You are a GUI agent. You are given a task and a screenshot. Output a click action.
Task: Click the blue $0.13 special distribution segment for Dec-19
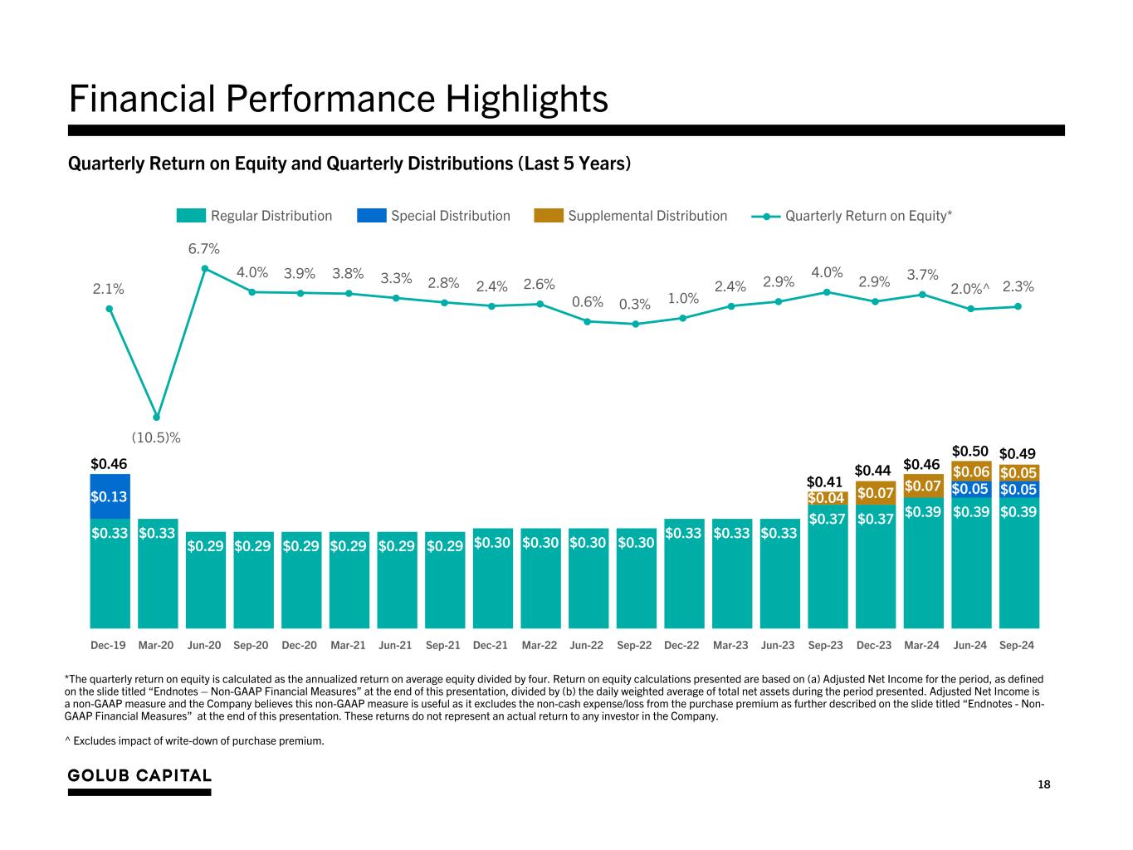110,496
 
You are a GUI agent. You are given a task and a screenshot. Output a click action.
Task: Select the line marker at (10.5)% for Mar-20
157,417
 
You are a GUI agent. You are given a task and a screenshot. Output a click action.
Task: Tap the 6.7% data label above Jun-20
204,249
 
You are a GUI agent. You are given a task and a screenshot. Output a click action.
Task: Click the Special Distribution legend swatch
371,216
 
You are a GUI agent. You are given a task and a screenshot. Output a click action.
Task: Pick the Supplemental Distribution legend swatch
549,216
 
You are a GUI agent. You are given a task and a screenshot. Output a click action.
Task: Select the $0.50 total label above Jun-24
969,451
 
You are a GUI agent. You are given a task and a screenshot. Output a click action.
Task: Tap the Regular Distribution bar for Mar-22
540,581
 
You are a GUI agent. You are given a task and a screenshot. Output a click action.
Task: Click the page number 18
1043,784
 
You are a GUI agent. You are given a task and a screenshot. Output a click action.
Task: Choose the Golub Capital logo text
139,775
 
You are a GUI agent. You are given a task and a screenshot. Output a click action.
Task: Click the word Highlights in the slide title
526,100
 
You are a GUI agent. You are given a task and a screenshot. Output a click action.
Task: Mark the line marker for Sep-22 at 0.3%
636,324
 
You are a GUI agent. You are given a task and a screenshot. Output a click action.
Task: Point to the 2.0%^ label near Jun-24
969,288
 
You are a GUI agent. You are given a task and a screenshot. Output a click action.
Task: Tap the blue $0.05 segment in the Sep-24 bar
1018,490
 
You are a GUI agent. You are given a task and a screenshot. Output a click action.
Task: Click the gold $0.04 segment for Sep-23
827,498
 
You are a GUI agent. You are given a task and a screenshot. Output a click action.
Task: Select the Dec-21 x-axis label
491,645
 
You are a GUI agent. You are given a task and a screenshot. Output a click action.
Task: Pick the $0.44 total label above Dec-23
873,471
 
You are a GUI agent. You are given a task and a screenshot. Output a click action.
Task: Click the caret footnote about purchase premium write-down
196,740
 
